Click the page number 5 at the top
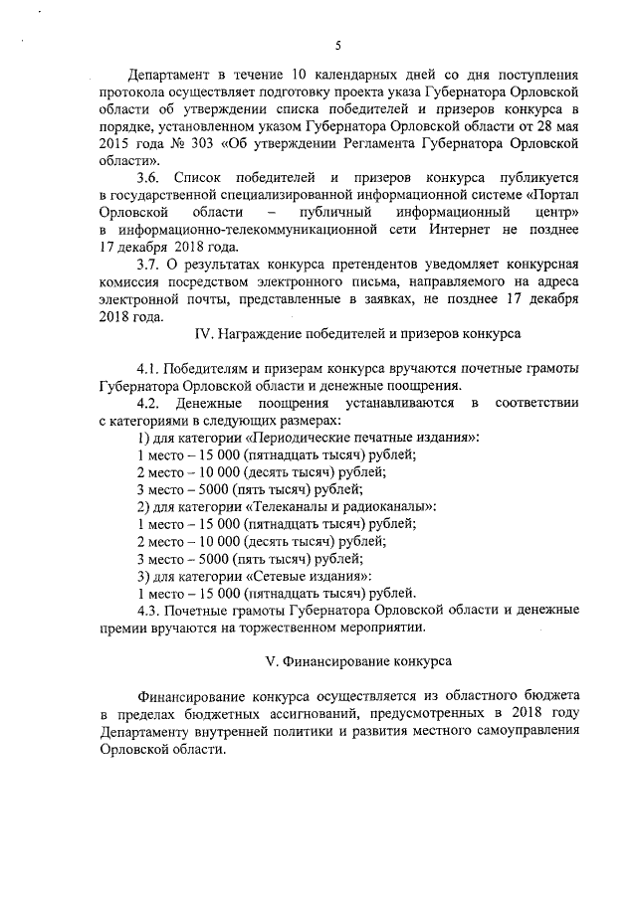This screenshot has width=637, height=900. point(338,45)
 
